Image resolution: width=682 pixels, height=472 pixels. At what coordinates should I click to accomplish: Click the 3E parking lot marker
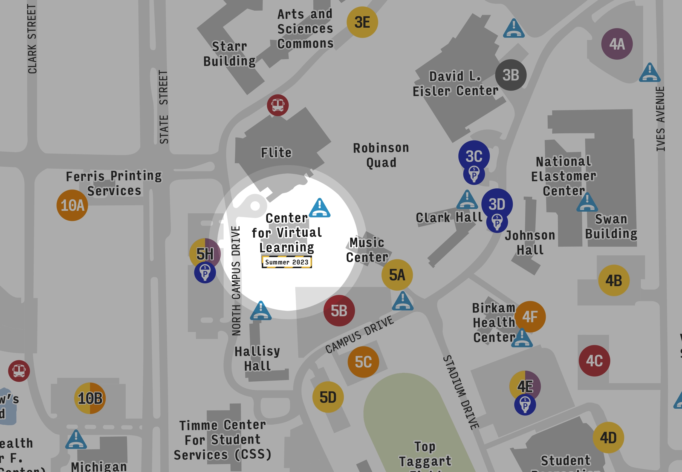pyautogui.click(x=362, y=22)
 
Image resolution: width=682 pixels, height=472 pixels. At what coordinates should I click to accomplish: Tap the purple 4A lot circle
pyautogui.click(x=617, y=44)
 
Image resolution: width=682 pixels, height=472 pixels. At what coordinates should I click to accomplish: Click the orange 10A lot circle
pyautogui.click(x=72, y=205)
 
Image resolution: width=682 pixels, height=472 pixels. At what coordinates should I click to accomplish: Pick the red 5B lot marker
pyautogui.click(x=339, y=310)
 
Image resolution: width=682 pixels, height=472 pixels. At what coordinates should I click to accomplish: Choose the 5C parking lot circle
pyautogui.click(x=363, y=362)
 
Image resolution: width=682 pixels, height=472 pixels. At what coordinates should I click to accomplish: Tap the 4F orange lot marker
pyautogui.click(x=530, y=316)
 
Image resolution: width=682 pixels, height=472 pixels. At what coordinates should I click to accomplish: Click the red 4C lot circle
pyautogui.click(x=594, y=361)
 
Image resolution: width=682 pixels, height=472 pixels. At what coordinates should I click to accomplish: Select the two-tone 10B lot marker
pyautogui.click(x=90, y=398)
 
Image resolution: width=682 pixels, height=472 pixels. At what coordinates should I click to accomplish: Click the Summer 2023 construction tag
pyautogui.click(x=287, y=262)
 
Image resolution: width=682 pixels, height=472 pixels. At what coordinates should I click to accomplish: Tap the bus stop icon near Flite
pyautogui.click(x=278, y=105)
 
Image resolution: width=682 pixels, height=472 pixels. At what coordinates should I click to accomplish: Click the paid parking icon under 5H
pyautogui.click(x=205, y=273)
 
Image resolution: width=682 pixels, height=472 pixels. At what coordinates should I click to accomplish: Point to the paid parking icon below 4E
pyautogui.click(x=525, y=405)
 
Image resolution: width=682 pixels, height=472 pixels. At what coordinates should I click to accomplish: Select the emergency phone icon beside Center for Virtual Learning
pyautogui.click(x=320, y=208)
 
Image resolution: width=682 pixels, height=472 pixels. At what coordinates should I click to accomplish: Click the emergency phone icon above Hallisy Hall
pyautogui.click(x=261, y=310)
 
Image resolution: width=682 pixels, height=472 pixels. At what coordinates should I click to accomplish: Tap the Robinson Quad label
pyautogui.click(x=381, y=155)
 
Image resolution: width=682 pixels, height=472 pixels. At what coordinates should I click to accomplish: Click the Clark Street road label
pyautogui.click(x=32, y=38)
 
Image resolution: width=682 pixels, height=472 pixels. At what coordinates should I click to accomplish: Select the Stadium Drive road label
pyautogui.click(x=461, y=392)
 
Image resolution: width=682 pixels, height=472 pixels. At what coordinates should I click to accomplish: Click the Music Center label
pyautogui.click(x=367, y=250)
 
